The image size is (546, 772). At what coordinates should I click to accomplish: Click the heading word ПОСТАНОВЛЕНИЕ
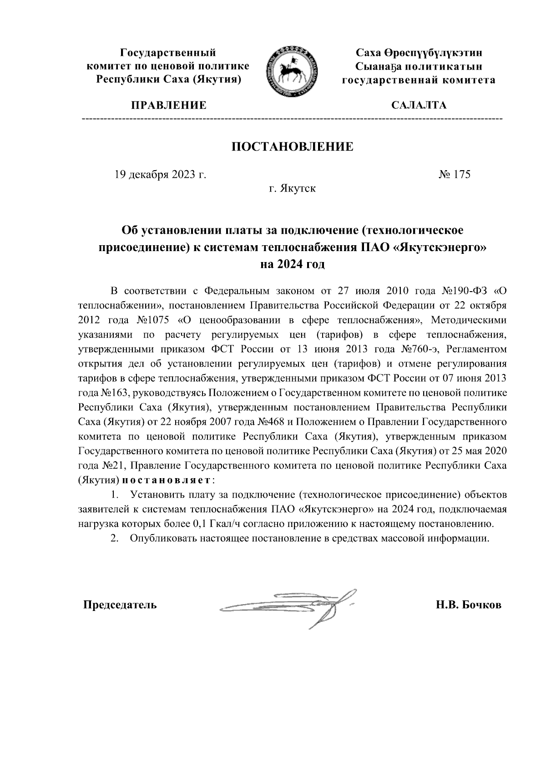[293, 147]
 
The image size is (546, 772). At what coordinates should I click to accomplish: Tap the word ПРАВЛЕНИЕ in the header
[169, 106]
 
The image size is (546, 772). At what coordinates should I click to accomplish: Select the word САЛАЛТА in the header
[419, 106]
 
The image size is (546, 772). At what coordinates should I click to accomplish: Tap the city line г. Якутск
[292, 188]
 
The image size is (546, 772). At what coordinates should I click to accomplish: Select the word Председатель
[120, 605]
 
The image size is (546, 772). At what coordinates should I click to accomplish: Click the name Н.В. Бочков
[468, 605]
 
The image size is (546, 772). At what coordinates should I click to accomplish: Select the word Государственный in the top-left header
[167, 53]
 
